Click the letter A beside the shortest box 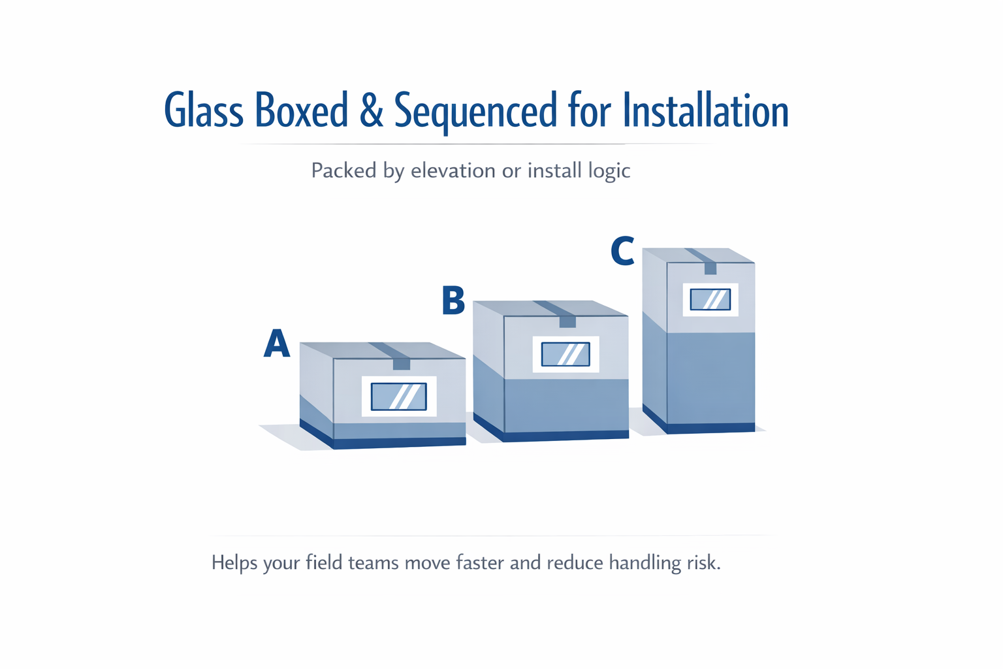[276, 344]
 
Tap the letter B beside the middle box [453, 301]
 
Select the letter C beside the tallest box [622, 252]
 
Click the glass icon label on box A [399, 397]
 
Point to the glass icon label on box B [565, 354]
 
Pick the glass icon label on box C [710, 299]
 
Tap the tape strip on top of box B [560, 312]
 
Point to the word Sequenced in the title [475, 111]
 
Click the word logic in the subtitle [609, 171]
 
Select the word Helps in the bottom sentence [234, 563]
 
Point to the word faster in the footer [480, 563]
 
